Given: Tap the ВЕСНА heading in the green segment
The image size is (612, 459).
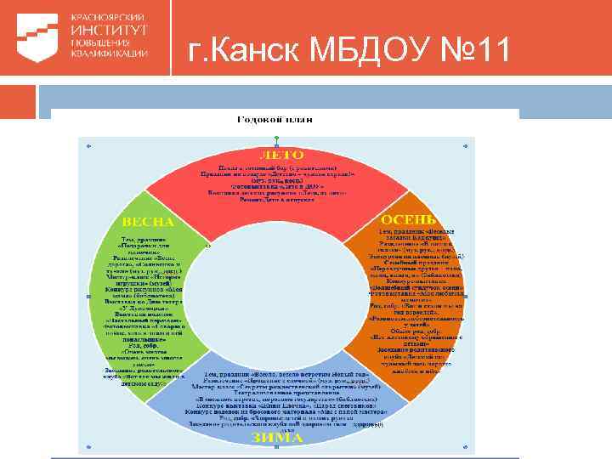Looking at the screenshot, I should tap(148, 221).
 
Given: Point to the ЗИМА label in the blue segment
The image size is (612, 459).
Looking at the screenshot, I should tap(277, 437).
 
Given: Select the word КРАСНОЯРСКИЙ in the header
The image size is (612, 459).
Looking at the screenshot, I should tap(108, 17).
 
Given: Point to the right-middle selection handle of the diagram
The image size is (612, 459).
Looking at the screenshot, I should tap(473, 297).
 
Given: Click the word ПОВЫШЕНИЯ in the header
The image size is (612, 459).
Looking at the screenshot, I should tap(101, 41).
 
